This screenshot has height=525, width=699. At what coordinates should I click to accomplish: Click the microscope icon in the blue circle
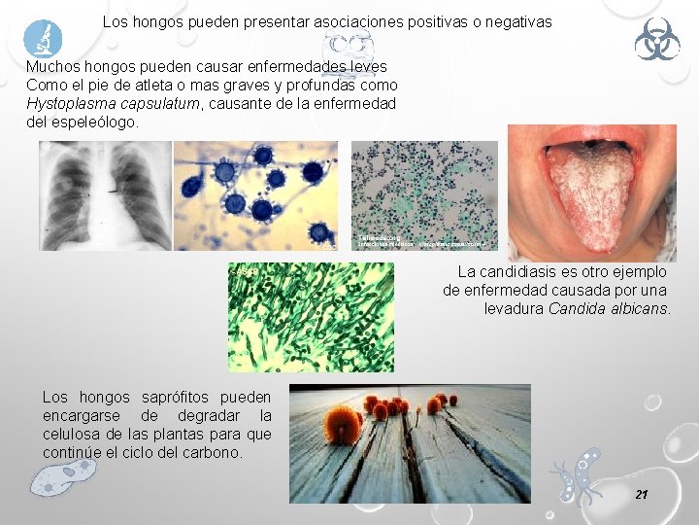click(43, 39)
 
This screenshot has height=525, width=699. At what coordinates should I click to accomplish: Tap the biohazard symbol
click(657, 40)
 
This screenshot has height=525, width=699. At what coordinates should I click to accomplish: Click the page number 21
click(641, 495)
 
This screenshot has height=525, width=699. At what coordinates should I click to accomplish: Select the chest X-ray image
click(105, 195)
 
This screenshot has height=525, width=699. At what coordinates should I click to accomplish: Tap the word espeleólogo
click(95, 122)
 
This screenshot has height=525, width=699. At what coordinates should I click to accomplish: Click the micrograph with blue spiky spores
click(255, 195)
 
